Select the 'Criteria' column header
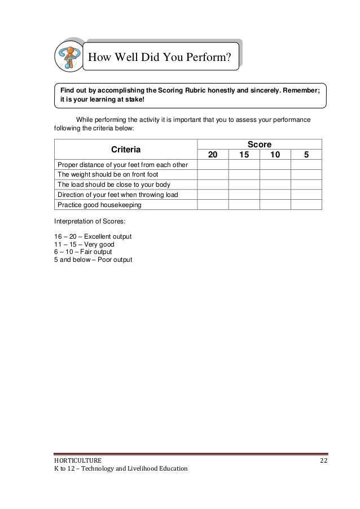(x=125, y=150)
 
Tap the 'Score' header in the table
(x=258, y=145)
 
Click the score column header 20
(x=213, y=155)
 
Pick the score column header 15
(x=244, y=155)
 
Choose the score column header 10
(x=275, y=155)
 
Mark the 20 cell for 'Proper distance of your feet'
(x=213, y=164)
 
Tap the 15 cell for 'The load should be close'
(x=244, y=185)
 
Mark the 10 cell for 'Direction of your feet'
(x=275, y=195)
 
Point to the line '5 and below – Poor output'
(x=90, y=260)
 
